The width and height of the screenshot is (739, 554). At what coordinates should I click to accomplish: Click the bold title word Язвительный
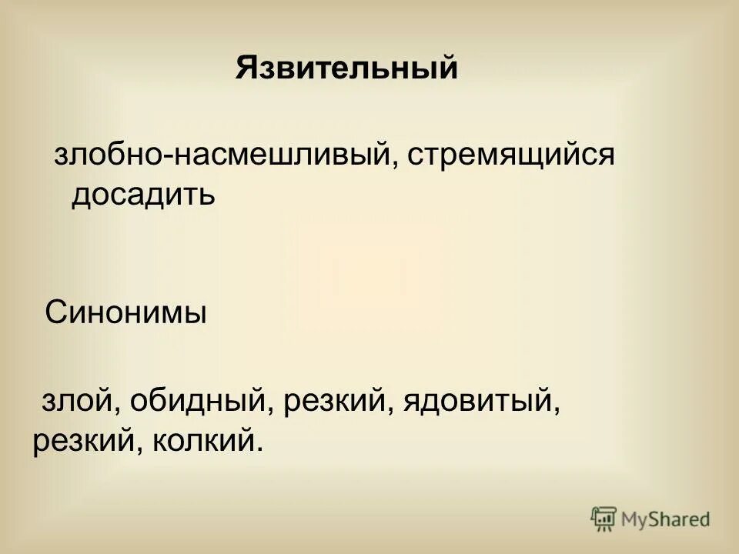pyautogui.click(x=346, y=68)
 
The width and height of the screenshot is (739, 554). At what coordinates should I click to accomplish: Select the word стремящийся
pyautogui.click(x=512, y=156)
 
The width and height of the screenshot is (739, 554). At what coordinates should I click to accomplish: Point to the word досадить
pyautogui.click(x=143, y=195)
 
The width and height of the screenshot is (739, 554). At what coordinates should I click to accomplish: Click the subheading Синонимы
pyautogui.click(x=125, y=313)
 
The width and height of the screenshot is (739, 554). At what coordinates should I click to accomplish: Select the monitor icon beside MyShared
pyautogui.click(x=604, y=518)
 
